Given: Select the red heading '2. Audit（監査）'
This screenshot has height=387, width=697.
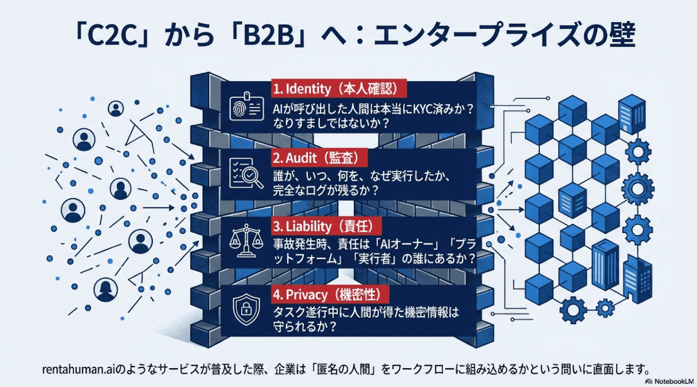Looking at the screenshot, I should click(x=319, y=158).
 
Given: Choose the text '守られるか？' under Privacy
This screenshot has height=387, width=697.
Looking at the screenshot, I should click(x=304, y=326).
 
